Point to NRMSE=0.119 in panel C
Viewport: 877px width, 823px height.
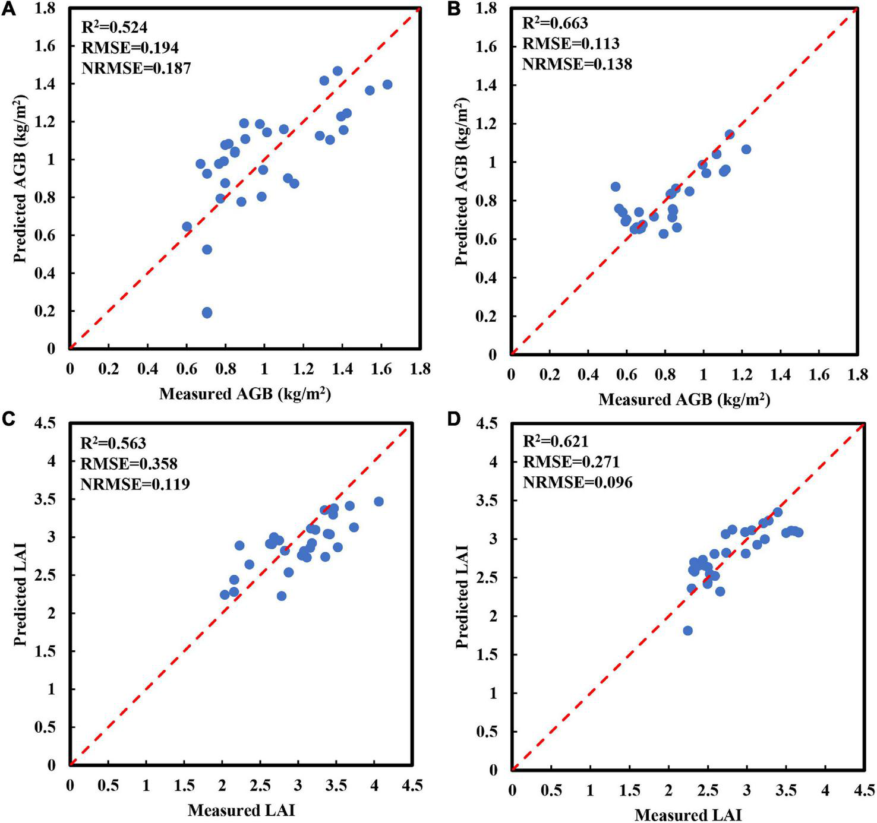click(x=135, y=484)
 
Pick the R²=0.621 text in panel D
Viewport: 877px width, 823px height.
click(x=556, y=441)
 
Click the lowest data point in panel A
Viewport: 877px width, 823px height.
click(x=207, y=313)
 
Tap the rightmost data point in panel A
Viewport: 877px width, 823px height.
click(x=387, y=85)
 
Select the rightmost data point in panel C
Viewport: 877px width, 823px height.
click(x=378, y=502)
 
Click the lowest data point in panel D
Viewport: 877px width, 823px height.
click(x=687, y=631)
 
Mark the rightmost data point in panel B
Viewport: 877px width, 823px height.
click(x=746, y=150)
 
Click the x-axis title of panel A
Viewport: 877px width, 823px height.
click(x=245, y=394)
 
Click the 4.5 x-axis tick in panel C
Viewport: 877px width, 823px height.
click(x=412, y=785)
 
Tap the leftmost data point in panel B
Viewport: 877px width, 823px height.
click(x=616, y=187)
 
